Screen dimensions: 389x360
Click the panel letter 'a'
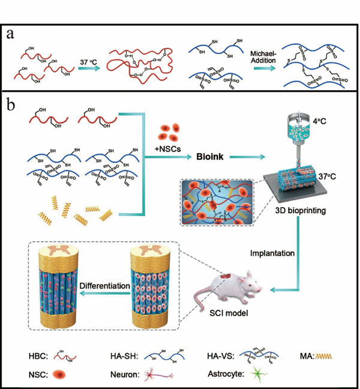click(x=11, y=35)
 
